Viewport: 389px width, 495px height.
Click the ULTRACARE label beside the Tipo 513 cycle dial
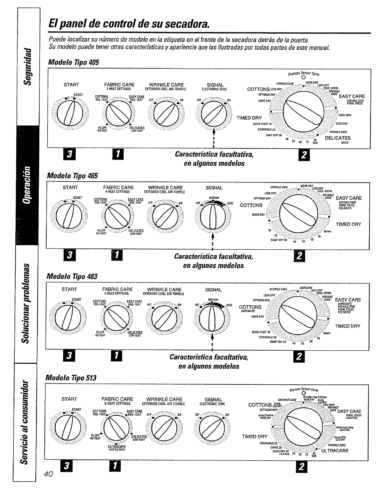[x=335, y=451]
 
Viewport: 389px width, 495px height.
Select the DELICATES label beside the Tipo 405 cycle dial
[x=338, y=138]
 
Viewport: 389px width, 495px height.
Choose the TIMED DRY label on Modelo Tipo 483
[x=348, y=326]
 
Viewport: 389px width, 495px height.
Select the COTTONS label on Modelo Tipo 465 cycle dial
[x=251, y=205]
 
